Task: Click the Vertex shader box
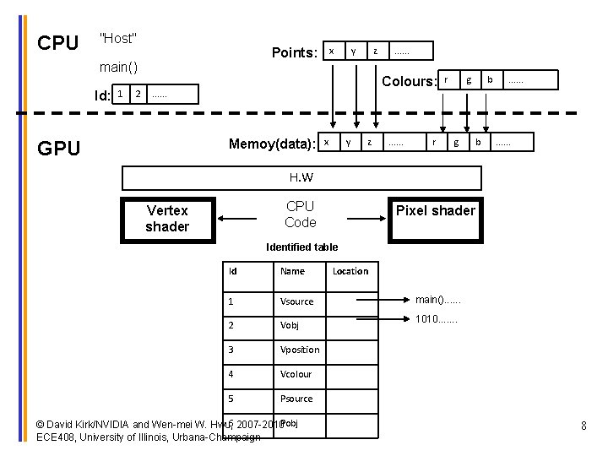[x=167, y=218]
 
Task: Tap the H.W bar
[x=301, y=177]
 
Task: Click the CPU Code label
[x=301, y=214]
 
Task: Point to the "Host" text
[x=118, y=38]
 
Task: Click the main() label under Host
[x=118, y=66]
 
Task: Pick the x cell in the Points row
[x=331, y=52]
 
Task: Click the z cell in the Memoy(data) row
[x=369, y=142]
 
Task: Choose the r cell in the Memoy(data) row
[x=434, y=142]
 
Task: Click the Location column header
[x=350, y=271]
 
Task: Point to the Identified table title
[x=301, y=247]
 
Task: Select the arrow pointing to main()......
[x=383, y=300]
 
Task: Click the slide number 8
[x=584, y=426]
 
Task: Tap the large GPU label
[x=59, y=149]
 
